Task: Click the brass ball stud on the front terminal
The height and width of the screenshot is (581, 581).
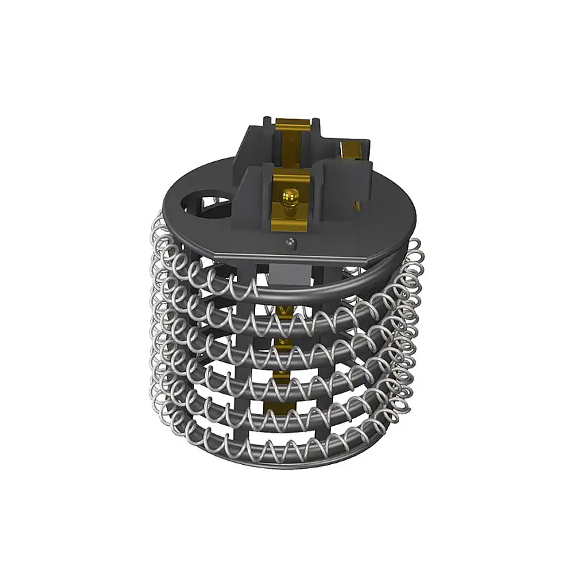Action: point(290,196)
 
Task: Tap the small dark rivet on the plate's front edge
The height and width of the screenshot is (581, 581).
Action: point(291,241)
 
